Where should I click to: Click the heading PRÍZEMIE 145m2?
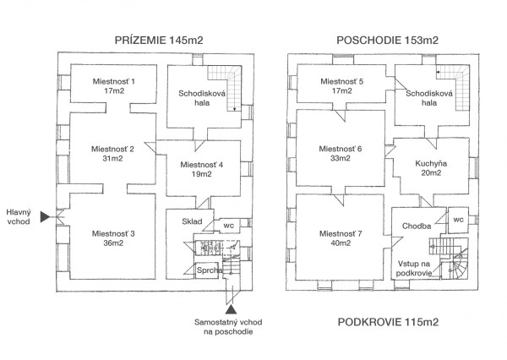[x=159, y=40]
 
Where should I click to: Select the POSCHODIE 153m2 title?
[x=389, y=40]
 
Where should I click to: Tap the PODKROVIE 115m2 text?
[x=389, y=322]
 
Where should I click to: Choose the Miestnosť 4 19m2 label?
[x=201, y=169]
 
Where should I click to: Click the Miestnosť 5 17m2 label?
[x=342, y=85]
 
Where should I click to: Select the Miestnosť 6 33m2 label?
[x=341, y=153]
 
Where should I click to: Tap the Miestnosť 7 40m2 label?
[x=341, y=237]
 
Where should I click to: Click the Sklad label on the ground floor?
[x=192, y=221]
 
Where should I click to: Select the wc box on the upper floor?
[x=458, y=220]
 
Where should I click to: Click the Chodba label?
[x=418, y=226]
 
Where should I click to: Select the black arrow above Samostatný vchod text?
[x=229, y=311]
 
